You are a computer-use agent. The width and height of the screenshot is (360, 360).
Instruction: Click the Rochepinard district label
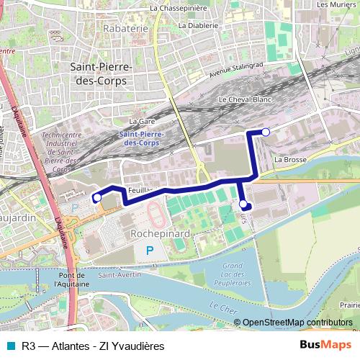click(160, 234)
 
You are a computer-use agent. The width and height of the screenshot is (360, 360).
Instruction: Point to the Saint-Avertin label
click(119, 274)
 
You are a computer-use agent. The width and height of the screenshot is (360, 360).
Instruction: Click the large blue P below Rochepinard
click(150, 251)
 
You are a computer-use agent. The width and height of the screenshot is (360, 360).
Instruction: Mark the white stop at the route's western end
click(97, 197)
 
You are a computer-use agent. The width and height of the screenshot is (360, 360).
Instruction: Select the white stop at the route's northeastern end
click(266, 132)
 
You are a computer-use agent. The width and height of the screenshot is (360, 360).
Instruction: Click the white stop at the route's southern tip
click(243, 204)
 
